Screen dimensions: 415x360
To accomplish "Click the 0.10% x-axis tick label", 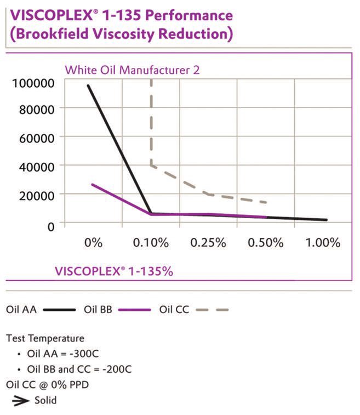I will pos(151,242).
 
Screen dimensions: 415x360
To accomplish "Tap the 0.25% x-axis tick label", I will pos(208,242).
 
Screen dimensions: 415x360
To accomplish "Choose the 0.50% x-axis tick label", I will pos(266,242).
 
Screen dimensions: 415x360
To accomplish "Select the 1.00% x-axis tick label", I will pos(323,242).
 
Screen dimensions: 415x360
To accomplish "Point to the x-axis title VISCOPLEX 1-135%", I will pos(113,271).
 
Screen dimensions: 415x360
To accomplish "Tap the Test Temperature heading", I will pos(45,338).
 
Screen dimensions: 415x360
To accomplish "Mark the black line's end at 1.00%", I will pos(327,220).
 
